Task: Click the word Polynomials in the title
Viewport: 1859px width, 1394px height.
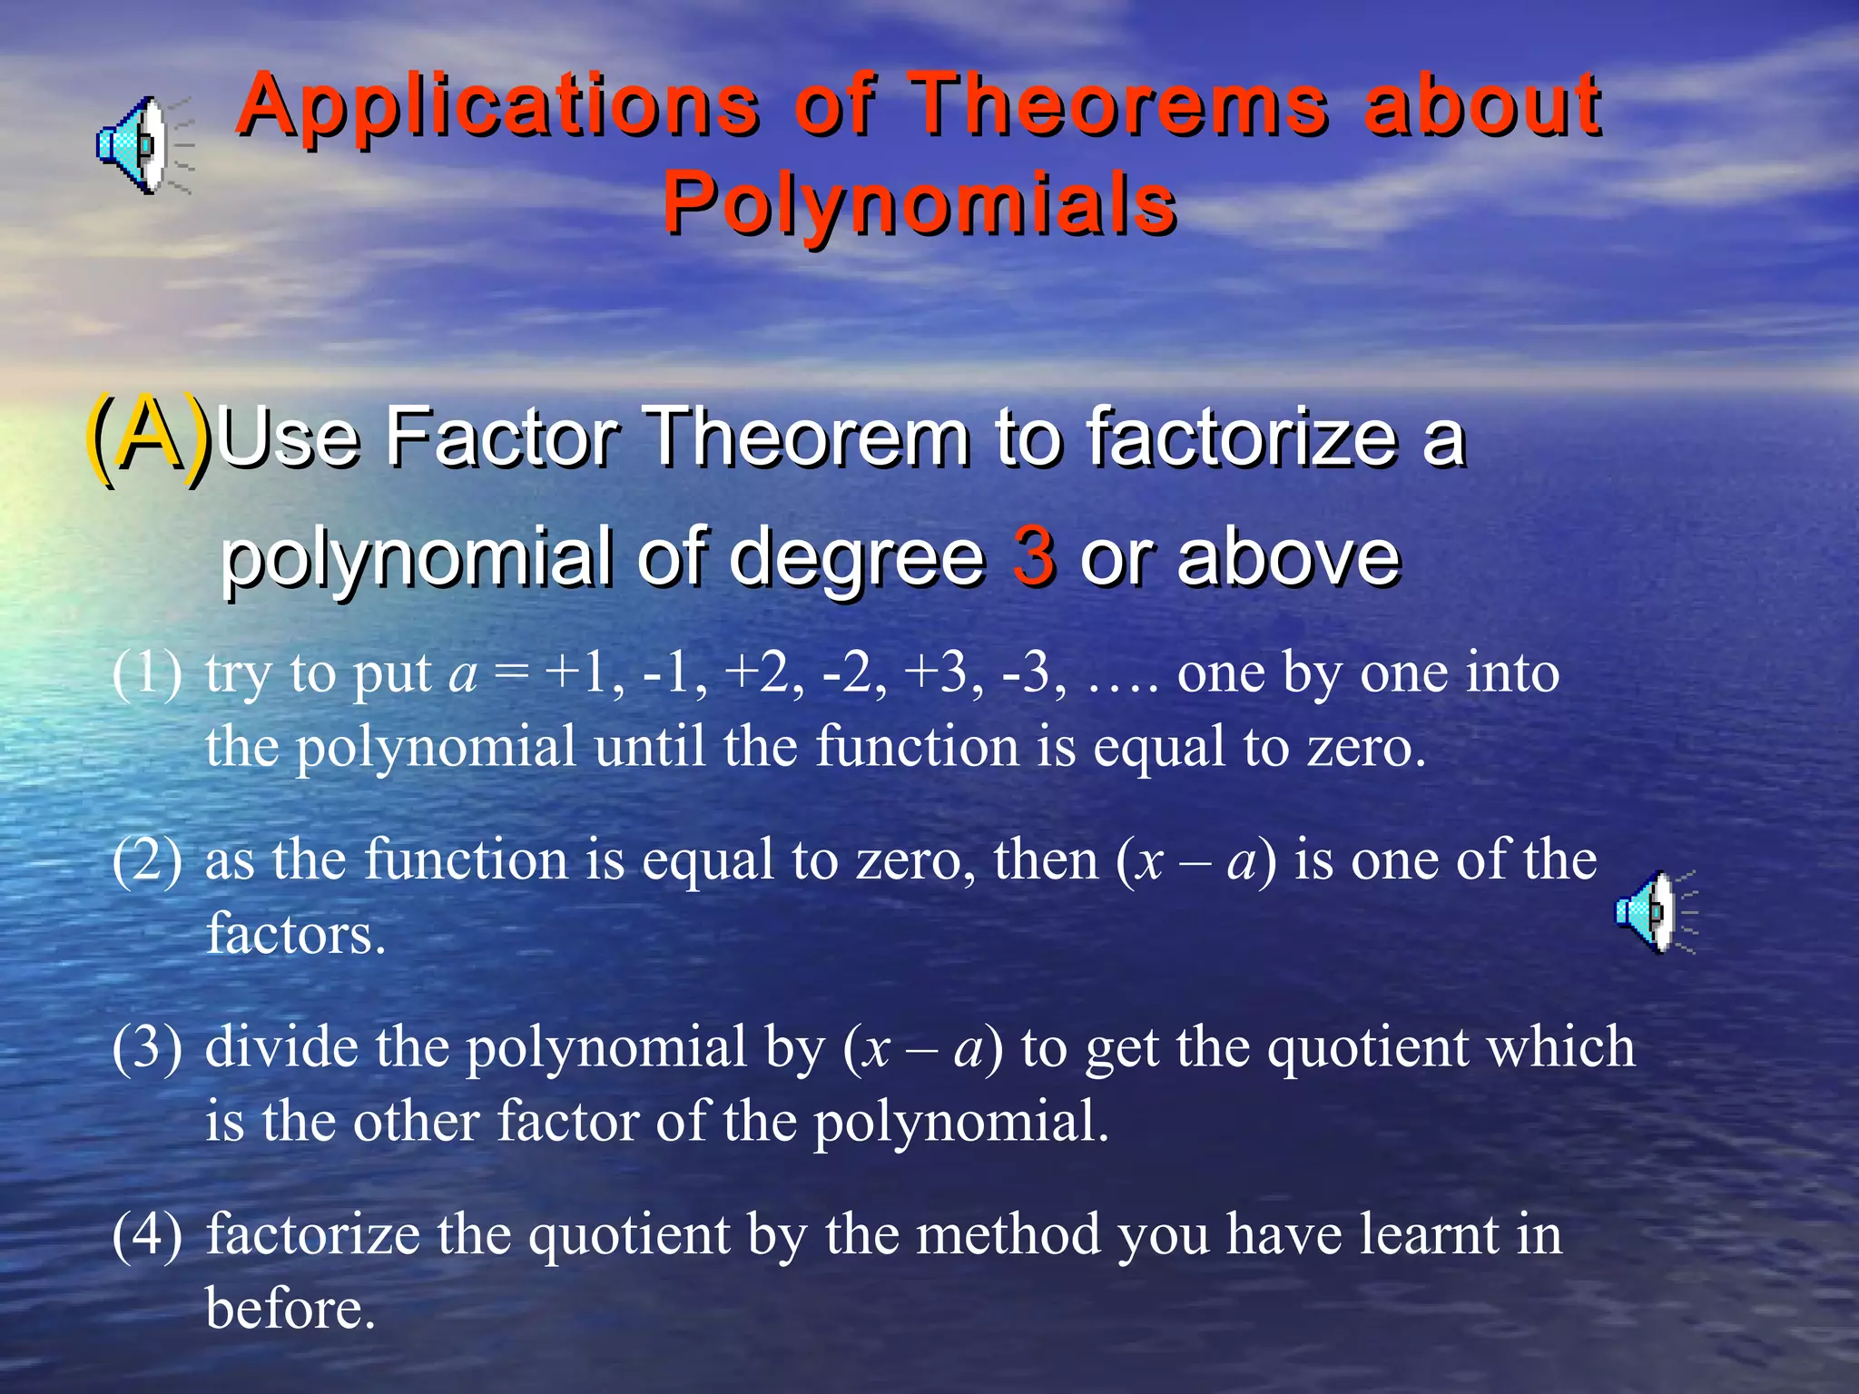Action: click(920, 203)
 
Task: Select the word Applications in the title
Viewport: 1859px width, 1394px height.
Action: click(497, 106)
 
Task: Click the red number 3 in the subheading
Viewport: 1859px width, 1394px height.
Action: click(1033, 555)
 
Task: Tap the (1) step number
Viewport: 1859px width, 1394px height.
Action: click(147, 673)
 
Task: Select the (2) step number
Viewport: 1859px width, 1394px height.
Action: click(147, 860)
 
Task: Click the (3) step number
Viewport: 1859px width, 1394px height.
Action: click(147, 1047)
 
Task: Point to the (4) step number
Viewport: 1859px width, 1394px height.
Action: click(147, 1235)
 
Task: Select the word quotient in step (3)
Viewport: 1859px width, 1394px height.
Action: click(1366, 1047)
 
